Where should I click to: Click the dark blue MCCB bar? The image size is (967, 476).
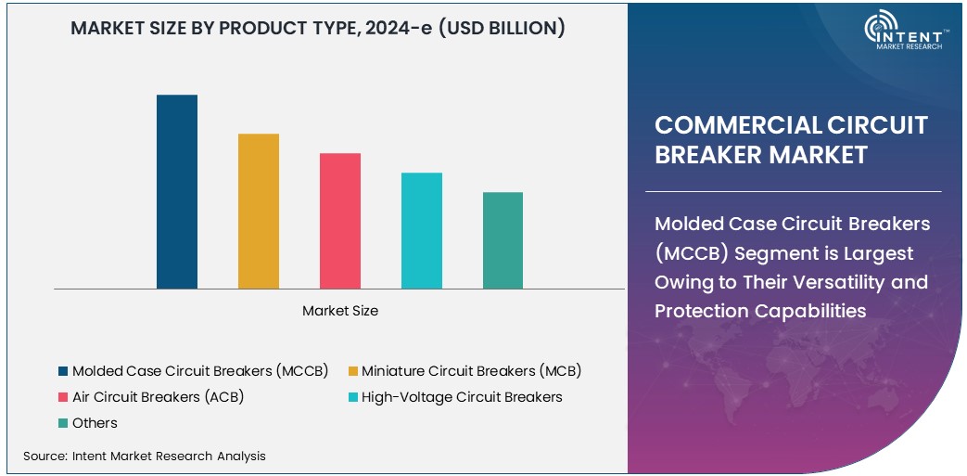176,192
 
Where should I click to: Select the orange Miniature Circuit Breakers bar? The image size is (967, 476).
258,212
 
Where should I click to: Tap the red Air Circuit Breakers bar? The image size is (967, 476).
340,221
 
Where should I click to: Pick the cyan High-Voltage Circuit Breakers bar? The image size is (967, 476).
421,231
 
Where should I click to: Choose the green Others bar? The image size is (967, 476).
503,240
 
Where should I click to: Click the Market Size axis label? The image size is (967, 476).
340,311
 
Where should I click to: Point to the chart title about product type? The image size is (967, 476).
318,28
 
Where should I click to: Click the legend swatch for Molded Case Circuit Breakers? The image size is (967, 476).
63,371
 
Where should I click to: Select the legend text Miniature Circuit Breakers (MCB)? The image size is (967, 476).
471,371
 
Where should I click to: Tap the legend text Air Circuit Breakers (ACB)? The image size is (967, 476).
158,397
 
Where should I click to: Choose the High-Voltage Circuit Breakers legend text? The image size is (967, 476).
462,397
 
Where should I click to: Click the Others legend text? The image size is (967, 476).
95,423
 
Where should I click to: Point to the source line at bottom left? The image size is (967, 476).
145,456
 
